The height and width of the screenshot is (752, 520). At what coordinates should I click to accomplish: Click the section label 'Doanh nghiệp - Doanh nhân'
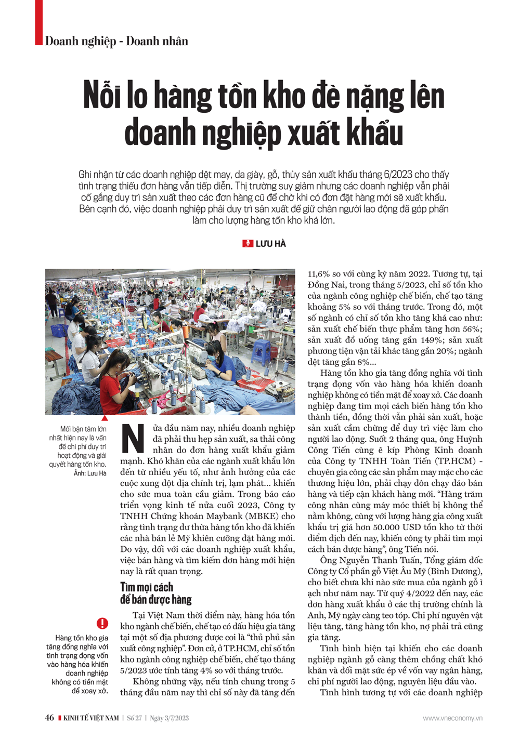pos(116,41)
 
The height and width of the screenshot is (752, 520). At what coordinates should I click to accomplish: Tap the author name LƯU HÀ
pos(271,244)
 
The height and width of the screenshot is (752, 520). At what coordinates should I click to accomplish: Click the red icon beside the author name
pos(248,244)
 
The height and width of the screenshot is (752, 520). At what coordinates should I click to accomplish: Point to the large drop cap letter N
pos(133,439)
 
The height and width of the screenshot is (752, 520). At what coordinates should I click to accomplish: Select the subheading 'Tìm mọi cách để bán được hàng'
pos(155,593)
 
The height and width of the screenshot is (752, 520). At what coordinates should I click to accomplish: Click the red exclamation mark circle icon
pos(102,623)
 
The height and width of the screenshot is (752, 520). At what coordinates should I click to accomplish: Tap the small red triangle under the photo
pos(105,418)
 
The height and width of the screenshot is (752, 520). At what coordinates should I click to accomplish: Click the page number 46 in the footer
pos(49,718)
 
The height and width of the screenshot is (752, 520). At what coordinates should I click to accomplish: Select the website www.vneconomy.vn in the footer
pos(452,718)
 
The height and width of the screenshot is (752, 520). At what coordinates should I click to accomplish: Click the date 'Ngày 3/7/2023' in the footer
pos(170,718)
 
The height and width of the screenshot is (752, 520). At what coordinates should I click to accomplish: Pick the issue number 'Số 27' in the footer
pos(134,718)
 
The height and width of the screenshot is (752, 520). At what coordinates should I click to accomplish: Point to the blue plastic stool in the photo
pos(261,351)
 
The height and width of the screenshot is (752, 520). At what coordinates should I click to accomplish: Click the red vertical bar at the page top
pos(38,22)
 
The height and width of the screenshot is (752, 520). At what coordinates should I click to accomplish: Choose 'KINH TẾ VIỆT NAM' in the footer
pos(91,718)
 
